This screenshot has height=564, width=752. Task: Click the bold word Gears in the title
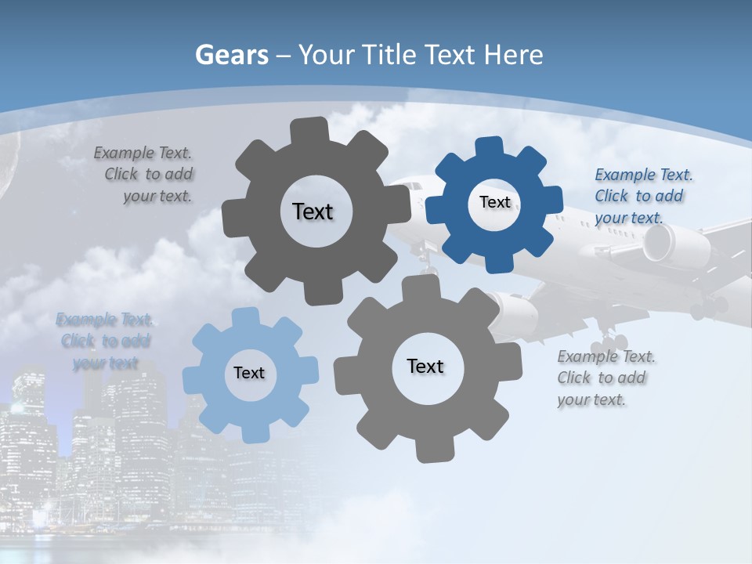pyautogui.click(x=232, y=55)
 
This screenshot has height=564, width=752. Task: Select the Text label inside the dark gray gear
pyautogui.click(x=313, y=211)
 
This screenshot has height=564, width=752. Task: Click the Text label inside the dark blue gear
pyautogui.click(x=494, y=202)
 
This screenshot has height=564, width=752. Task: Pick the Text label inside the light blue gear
pyautogui.click(x=249, y=373)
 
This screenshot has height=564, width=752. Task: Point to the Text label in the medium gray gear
pyautogui.click(x=425, y=366)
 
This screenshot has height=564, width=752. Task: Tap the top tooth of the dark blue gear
pyautogui.click(x=490, y=146)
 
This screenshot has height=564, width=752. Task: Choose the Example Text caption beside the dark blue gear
pyautogui.click(x=642, y=196)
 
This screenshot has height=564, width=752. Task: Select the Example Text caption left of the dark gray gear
pyautogui.click(x=145, y=174)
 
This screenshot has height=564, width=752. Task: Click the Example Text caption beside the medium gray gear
pyautogui.click(x=605, y=378)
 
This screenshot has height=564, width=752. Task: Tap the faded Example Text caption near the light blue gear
pyautogui.click(x=104, y=341)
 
